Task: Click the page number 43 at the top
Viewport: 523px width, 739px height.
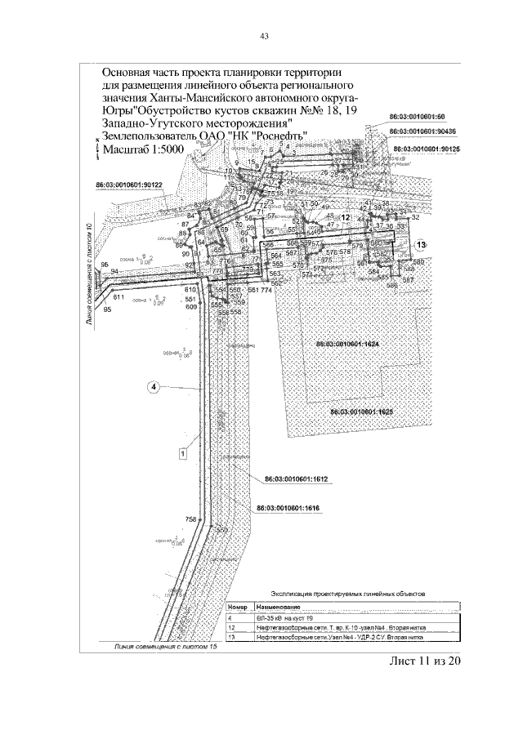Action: [x=264, y=35]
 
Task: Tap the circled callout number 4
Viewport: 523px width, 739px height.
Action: [x=152, y=386]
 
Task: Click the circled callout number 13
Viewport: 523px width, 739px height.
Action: [x=420, y=244]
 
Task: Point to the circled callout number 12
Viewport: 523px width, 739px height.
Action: [x=345, y=218]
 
